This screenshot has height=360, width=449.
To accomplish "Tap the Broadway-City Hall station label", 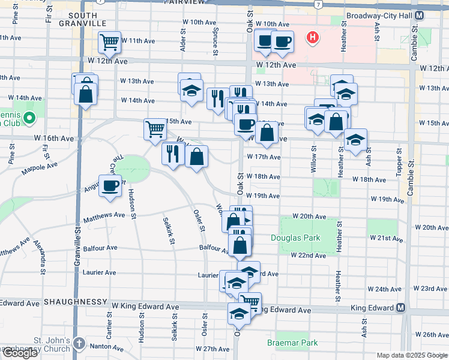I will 376,18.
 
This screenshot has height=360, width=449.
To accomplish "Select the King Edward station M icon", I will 401,308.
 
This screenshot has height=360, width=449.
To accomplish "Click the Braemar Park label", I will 292,343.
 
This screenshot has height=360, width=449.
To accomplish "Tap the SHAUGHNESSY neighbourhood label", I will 74,301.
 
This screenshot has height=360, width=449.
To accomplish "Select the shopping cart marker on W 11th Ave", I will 110,41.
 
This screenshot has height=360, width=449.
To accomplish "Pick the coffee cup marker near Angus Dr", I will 110,186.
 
